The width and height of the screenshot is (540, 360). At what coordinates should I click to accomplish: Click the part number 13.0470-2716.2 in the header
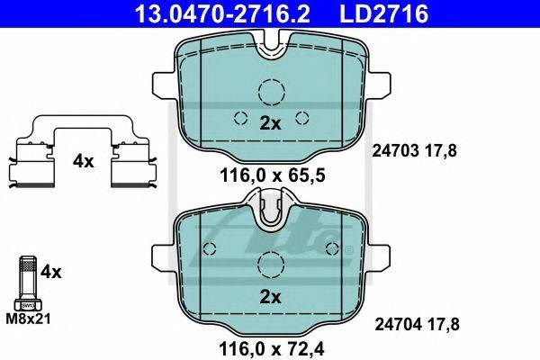pos(222,13)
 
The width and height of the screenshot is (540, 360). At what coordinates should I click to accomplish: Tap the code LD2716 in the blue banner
pos(384,13)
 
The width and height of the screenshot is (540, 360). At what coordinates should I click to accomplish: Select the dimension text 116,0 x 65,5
pos(273,176)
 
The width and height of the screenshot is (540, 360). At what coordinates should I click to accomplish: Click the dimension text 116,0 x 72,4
pos(272,349)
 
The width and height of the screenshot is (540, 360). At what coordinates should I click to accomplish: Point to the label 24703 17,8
pos(414,151)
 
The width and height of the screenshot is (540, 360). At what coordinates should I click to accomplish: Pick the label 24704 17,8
pos(417,324)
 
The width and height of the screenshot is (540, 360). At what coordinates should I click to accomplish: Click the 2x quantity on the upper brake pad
pos(270,123)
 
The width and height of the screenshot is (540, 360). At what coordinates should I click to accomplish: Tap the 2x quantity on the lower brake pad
pos(270,297)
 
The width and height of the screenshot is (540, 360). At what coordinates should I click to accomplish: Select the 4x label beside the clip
pos(83,161)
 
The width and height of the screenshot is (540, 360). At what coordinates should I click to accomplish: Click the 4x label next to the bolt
pos(51,272)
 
